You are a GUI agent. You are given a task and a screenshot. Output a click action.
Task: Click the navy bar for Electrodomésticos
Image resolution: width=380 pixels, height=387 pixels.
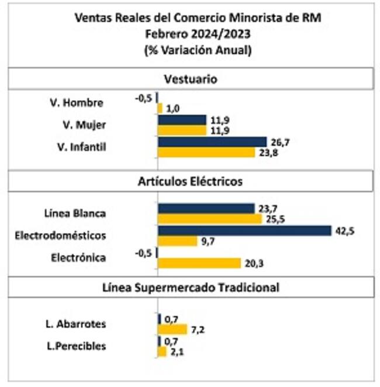[x=244, y=230]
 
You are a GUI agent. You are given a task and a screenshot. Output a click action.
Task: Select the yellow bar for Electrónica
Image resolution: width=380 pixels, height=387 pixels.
[x=199, y=263]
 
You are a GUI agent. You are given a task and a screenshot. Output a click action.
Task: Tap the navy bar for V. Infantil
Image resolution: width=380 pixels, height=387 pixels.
[x=212, y=142]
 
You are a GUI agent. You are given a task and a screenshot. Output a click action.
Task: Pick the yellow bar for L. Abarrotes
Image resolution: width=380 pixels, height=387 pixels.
[x=172, y=329]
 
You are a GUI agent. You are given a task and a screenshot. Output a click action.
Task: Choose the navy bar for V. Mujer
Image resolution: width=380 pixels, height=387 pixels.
[x=182, y=119]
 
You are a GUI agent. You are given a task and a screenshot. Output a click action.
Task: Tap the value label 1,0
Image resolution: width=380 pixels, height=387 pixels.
[x=173, y=108]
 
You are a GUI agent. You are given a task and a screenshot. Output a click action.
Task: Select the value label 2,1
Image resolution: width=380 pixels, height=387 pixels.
[x=176, y=352]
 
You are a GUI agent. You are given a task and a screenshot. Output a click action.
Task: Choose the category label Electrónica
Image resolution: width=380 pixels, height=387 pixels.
[x=78, y=257]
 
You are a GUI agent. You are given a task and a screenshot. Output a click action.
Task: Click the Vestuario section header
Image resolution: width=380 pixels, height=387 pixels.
[x=191, y=79]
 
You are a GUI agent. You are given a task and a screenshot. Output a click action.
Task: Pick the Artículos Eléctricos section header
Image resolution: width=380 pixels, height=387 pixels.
[x=191, y=181]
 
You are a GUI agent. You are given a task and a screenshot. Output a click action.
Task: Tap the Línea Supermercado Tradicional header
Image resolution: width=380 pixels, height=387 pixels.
[x=191, y=287]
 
